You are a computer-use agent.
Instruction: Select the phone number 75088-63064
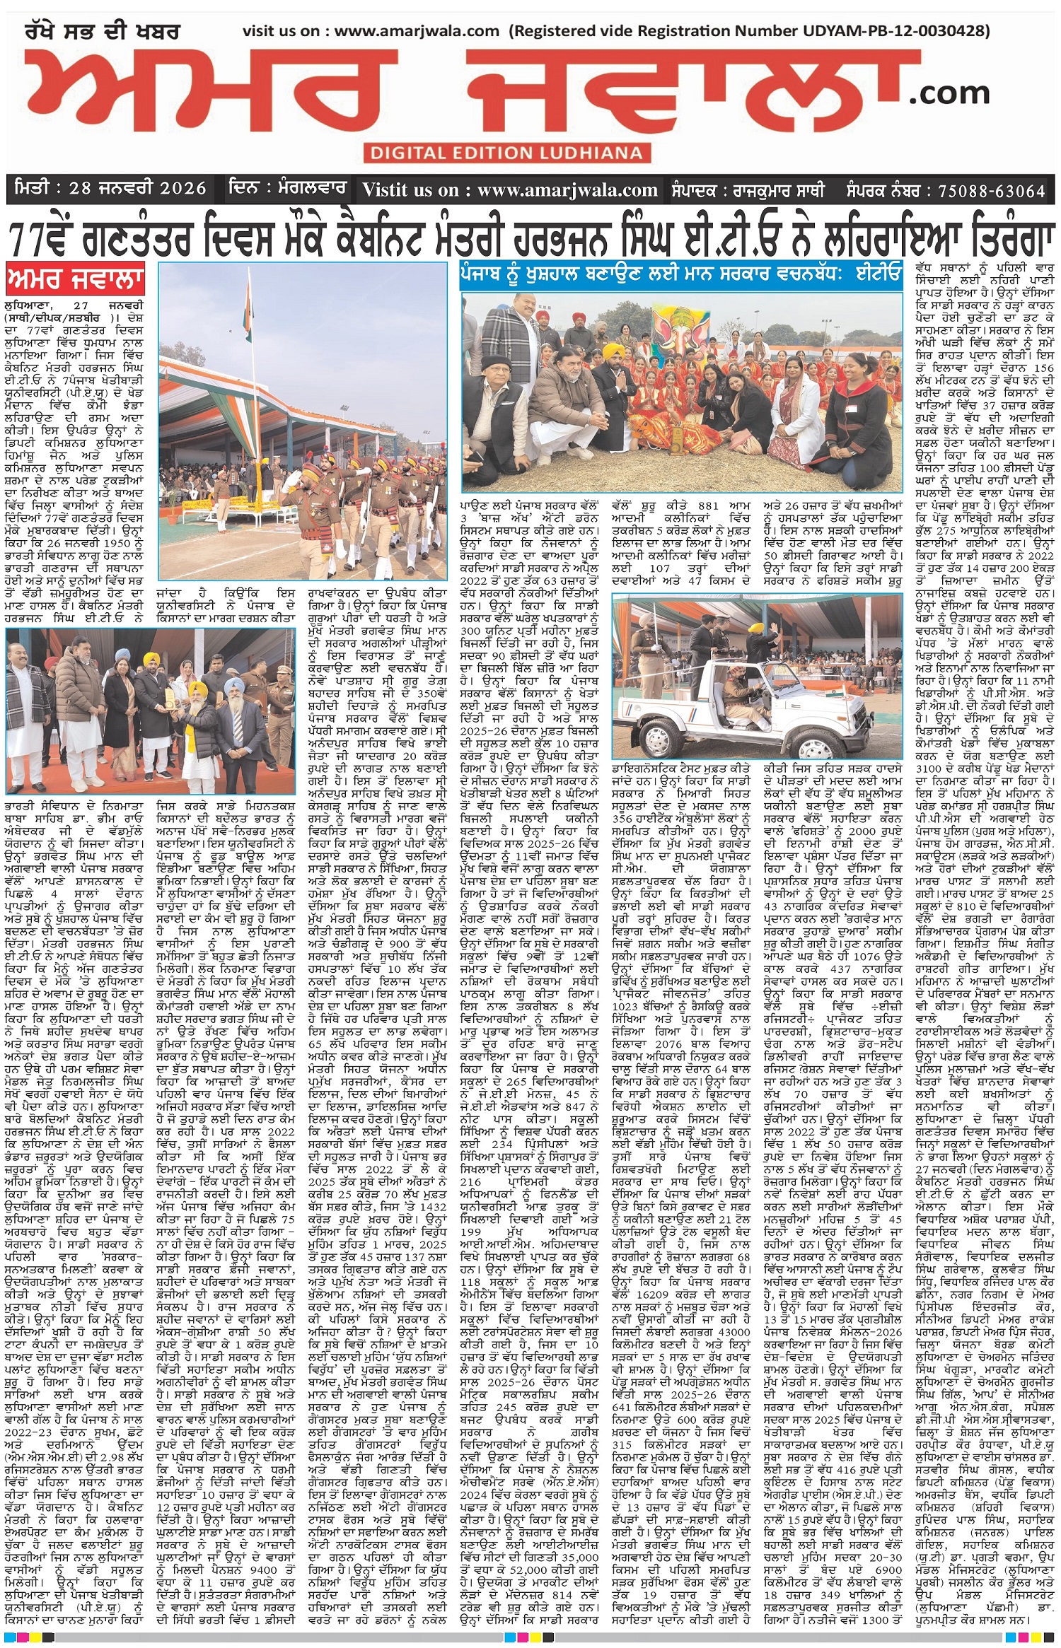[991, 190]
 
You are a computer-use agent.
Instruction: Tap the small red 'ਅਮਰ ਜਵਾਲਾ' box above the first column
[75, 280]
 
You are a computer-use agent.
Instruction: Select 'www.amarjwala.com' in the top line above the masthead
[417, 30]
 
